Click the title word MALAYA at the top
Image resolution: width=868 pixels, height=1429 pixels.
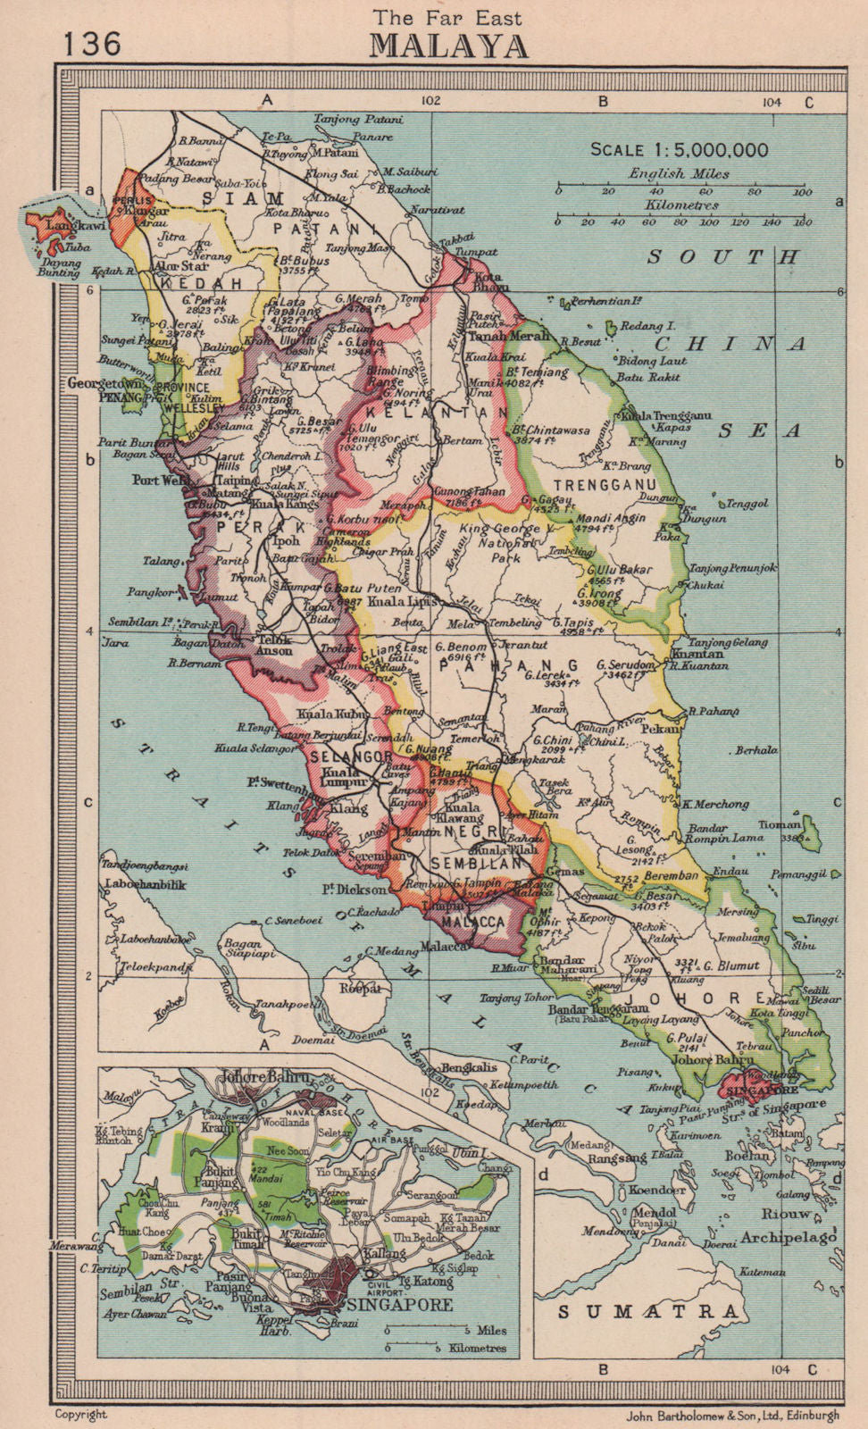(x=448, y=46)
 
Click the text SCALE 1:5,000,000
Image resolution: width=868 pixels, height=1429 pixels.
(x=679, y=150)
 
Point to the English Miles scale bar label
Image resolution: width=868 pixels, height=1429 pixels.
(x=679, y=174)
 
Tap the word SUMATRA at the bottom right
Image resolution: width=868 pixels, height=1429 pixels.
(x=648, y=1311)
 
